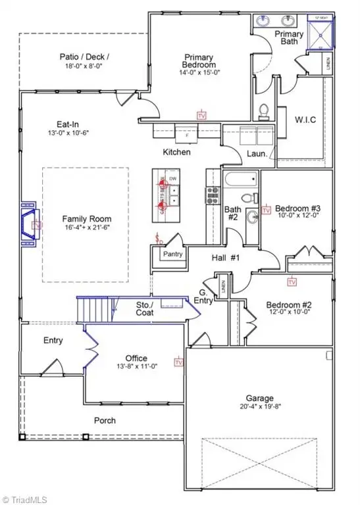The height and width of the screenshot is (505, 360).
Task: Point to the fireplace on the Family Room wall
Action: [29, 225]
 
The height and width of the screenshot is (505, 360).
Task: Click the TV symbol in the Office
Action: [178, 362]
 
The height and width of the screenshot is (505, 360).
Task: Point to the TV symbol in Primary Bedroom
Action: [201, 114]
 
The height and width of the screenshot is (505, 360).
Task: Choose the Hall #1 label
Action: [220, 257]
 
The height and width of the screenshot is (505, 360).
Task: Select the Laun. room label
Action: [257, 154]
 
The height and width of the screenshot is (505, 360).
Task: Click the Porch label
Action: [104, 420]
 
